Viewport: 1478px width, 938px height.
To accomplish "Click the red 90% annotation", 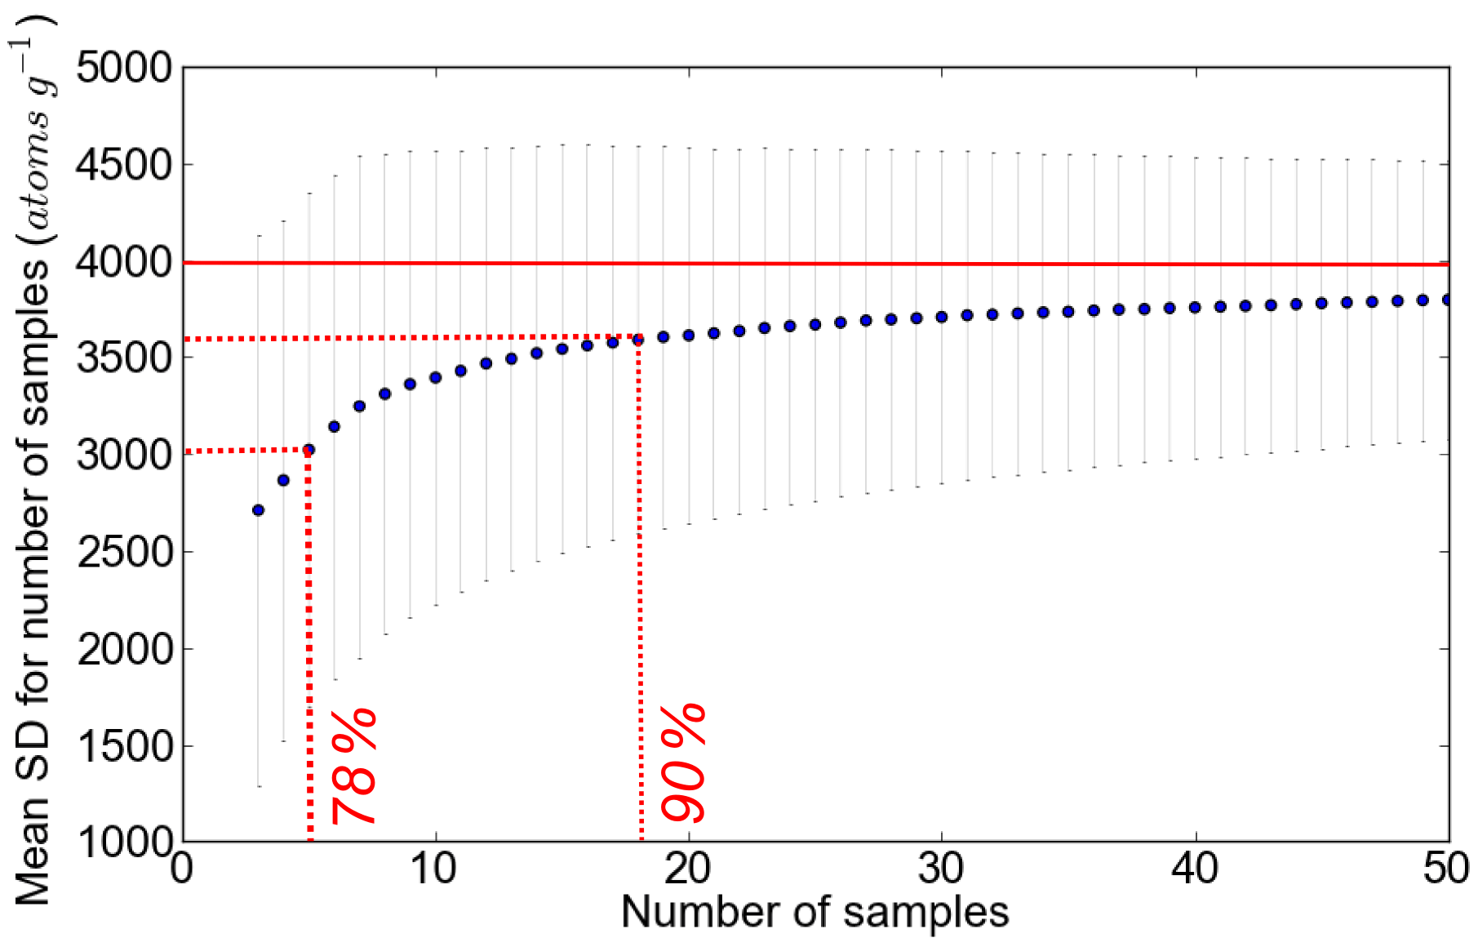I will [x=683, y=762].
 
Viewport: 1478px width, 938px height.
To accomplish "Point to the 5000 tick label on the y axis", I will [x=124, y=68].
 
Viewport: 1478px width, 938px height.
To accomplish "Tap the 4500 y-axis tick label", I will [x=124, y=165].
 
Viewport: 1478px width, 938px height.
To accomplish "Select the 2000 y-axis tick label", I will [x=124, y=649].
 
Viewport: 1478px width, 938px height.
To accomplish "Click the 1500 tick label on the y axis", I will [x=124, y=746].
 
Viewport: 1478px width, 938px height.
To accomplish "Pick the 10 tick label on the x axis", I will [x=434, y=869].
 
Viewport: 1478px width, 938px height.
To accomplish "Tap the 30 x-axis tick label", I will [x=941, y=869].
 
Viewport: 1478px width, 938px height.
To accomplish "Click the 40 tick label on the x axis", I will [x=1195, y=869].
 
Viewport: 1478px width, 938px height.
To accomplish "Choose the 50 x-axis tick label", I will [x=1447, y=869].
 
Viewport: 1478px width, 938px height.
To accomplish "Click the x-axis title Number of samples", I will [x=814, y=912].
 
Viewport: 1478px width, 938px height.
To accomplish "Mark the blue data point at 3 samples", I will [x=259, y=510].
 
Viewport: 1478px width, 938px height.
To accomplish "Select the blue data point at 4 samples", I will [x=283, y=480].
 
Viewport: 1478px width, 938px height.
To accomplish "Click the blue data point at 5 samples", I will [x=308, y=450].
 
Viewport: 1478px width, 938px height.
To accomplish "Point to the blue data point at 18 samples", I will [x=638, y=340].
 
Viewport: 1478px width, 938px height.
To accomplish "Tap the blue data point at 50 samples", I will [x=1447, y=300].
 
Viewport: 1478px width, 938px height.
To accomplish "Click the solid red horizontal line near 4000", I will [x=816, y=264].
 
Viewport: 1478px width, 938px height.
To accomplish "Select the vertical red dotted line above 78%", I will [x=309, y=645].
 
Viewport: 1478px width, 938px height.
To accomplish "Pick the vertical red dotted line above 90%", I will [x=640, y=588].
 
